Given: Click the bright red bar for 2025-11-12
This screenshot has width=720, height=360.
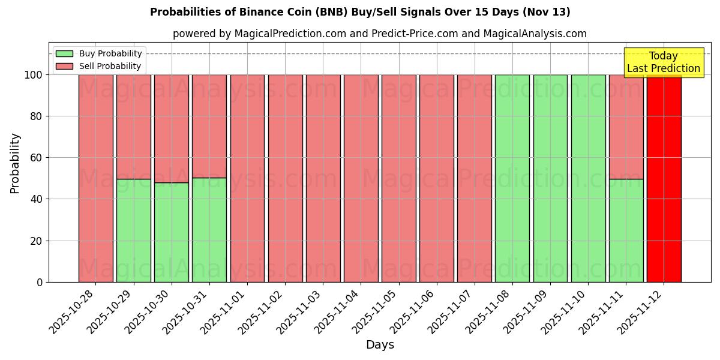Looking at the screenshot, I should tap(664, 178).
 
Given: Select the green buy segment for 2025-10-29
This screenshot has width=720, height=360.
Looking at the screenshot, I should tap(134, 230).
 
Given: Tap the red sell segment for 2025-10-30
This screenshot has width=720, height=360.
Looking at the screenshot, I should tap(172, 128).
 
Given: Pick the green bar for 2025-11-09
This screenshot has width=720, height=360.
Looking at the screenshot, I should tap(550, 178).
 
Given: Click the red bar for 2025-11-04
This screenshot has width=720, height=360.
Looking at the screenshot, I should tap(361, 178).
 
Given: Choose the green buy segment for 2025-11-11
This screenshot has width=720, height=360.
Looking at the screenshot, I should tap(626, 230).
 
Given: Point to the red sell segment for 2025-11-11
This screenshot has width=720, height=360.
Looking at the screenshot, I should tap(626, 127).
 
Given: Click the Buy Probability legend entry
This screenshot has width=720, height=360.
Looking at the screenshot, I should tap(99, 53).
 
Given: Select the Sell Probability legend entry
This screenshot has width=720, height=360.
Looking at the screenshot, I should tap(99, 66).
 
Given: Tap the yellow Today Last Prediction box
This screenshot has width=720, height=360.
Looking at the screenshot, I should tap(663, 62).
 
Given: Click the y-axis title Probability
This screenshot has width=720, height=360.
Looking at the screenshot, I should tap(15, 163).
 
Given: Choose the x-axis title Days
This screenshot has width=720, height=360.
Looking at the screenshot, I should tap(380, 345).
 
